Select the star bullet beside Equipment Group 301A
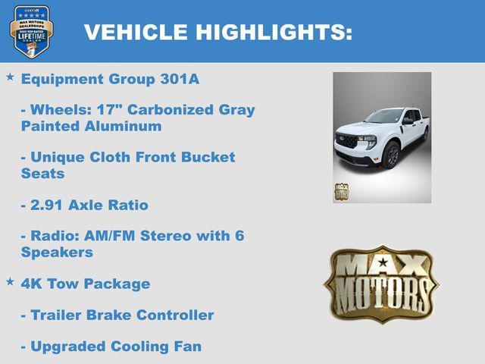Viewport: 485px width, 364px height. point(10,77)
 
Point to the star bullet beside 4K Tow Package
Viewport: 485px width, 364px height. point(10,281)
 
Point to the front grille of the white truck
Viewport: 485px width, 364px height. point(347,141)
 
